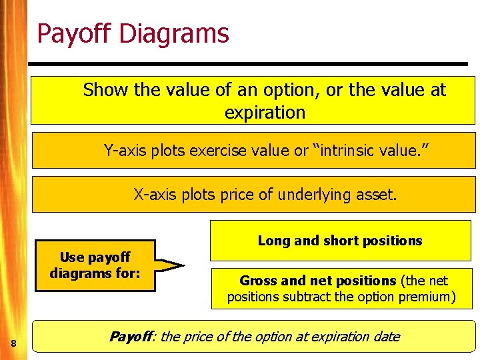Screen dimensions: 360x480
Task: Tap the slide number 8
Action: (x=13, y=343)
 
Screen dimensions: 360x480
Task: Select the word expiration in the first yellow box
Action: (x=265, y=113)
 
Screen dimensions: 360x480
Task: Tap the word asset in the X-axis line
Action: (x=377, y=195)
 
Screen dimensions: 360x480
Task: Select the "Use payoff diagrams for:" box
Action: (x=95, y=265)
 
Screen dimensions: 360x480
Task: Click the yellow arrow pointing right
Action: (x=170, y=265)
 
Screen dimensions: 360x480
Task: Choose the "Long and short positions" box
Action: (x=340, y=241)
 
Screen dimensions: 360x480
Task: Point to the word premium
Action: (x=427, y=297)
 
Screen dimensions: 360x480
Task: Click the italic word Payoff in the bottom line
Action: (x=131, y=337)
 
